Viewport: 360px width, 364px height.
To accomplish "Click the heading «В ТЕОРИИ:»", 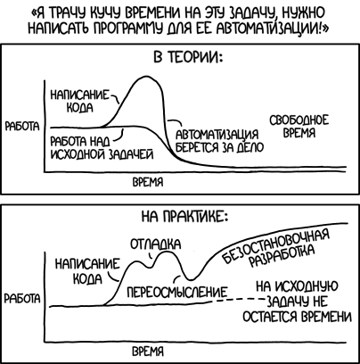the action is pos(188,57).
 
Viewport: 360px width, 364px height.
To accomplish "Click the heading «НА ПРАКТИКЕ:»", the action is pos(184,217).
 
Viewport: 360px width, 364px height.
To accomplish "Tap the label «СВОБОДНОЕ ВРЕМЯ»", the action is pos(299,127).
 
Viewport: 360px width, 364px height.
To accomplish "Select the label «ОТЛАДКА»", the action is pos(156,244).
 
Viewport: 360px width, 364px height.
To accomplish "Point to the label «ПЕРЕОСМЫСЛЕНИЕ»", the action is pos(178,293).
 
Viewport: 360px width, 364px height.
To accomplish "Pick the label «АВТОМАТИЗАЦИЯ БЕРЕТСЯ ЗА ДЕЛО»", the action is pos(219,141).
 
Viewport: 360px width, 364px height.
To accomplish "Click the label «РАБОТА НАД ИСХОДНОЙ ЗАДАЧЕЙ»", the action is pos(102,148).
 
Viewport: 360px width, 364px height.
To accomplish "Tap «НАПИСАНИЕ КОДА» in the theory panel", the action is pos(80,101).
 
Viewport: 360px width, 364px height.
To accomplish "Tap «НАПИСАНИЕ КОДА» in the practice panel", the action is pos(87,271).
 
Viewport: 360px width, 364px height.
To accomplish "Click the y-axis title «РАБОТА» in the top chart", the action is pos(22,127).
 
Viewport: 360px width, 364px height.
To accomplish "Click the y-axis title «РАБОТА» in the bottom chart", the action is pos(22,299).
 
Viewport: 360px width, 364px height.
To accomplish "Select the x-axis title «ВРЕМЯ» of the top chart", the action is pos(148,182).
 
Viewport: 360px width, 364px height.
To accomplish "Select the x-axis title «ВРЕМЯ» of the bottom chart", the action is pos(148,352).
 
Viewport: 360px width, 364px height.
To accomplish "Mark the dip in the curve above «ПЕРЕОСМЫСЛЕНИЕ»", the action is pos(191,279).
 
